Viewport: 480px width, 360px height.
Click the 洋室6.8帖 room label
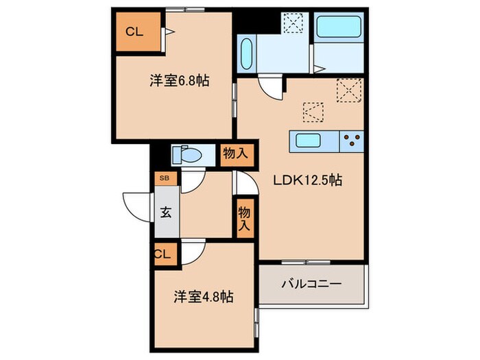[179, 81]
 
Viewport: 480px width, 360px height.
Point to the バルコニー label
[311, 283]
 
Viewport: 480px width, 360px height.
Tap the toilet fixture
[187, 155]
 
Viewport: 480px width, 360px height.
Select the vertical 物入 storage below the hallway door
[244, 219]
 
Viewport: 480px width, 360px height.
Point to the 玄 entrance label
[166, 211]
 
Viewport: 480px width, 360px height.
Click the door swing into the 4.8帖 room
[193, 252]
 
